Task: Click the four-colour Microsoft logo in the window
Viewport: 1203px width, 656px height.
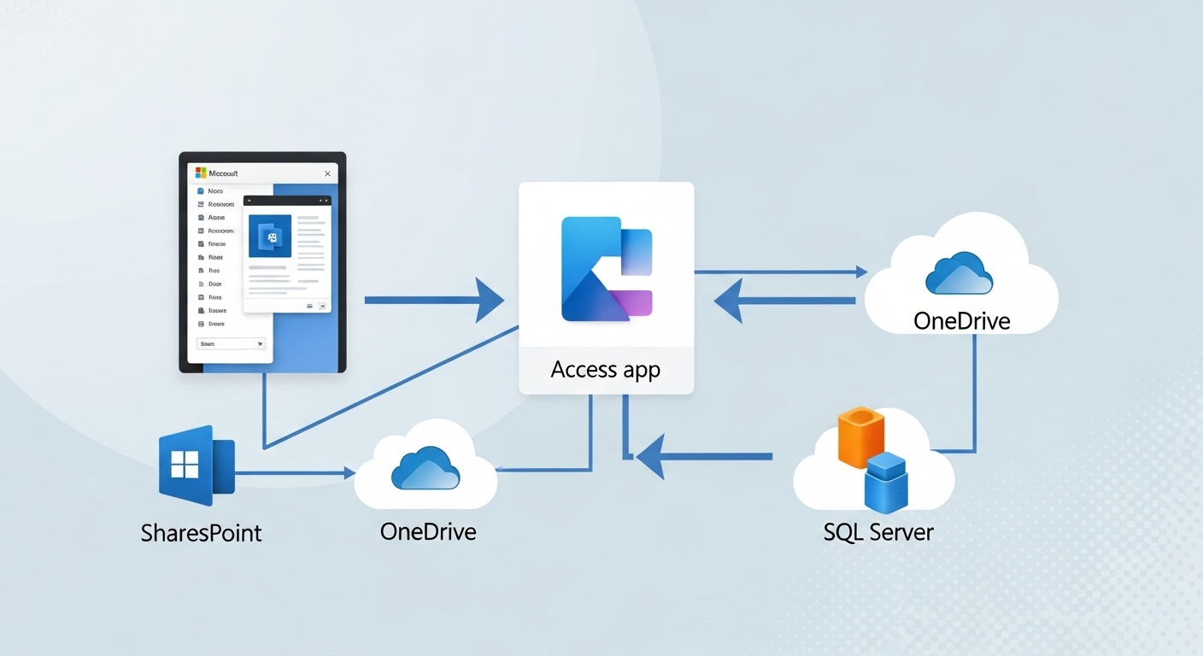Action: pyautogui.click(x=202, y=173)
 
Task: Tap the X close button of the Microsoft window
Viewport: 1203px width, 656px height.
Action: pyautogui.click(x=327, y=173)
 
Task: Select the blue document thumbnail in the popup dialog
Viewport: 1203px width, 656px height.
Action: pyautogui.click(x=270, y=236)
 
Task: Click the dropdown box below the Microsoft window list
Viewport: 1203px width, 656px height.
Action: pyautogui.click(x=232, y=343)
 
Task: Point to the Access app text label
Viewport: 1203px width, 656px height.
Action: pyautogui.click(x=606, y=370)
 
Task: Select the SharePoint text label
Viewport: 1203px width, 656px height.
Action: pyautogui.click(x=201, y=534)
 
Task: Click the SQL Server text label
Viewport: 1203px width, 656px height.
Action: pyautogui.click(x=878, y=532)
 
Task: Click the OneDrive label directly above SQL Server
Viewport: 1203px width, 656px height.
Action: pyautogui.click(x=961, y=321)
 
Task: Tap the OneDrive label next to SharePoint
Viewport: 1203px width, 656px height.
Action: pyautogui.click(x=427, y=531)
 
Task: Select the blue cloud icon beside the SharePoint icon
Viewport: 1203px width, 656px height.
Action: pyautogui.click(x=425, y=468)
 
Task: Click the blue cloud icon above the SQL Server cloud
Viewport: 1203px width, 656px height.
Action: pyautogui.click(x=959, y=273)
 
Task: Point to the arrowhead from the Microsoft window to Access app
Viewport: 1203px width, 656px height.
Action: pyautogui.click(x=490, y=301)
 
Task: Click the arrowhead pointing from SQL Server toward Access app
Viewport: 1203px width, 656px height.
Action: pyautogui.click(x=651, y=457)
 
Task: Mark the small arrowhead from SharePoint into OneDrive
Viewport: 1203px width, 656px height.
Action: pyautogui.click(x=349, y=472)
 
